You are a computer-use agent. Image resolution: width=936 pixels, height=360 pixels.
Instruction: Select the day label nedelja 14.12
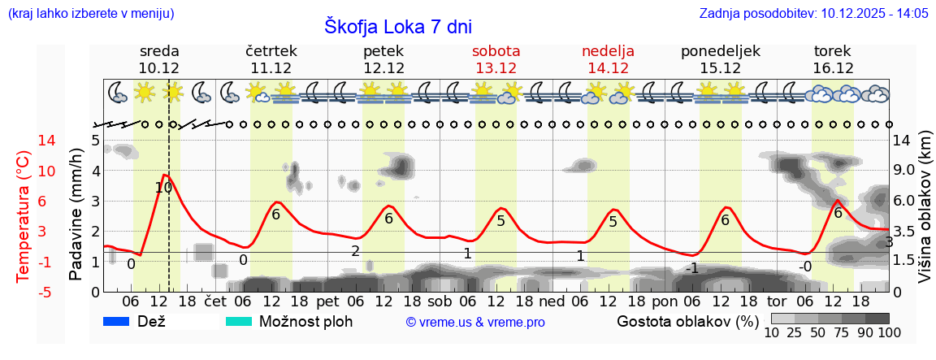pyautogui.click(x=608, y=59)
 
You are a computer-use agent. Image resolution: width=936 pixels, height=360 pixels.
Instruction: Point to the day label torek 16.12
pyautogui.click(x=833, y=59)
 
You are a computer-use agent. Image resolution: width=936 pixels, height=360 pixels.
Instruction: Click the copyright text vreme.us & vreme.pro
pyautogui.click(x=475, y=322)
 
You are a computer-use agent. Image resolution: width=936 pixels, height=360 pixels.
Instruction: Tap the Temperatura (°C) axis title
pyautogui.click(x=24, y=217)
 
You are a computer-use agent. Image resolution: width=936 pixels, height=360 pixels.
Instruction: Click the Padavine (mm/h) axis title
pyautogui.click(x=76, y=215)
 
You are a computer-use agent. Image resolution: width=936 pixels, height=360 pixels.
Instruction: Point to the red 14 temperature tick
pyautogui.click(x=24, y=141)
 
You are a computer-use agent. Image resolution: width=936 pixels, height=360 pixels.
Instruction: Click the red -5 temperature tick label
pyautogui.click(x=24, y=292)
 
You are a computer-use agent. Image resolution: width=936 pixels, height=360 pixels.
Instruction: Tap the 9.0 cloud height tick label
pyautogui.click(x=904, y=171)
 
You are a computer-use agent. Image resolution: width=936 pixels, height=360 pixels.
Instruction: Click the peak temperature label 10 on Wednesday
pyautogui.click(x=163, y=188)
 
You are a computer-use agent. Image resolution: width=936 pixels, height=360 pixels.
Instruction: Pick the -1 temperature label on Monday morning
pyautogui.click(x=691, y=268)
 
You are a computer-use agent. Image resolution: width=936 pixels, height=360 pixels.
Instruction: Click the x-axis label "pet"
pyautogui.click(x=327, y=301)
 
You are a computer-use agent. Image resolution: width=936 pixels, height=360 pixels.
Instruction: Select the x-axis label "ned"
pyautogui.click(x=552, y=301)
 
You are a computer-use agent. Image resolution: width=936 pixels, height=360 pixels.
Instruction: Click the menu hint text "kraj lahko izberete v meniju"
pyautogui.click(x=90, y=14)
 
